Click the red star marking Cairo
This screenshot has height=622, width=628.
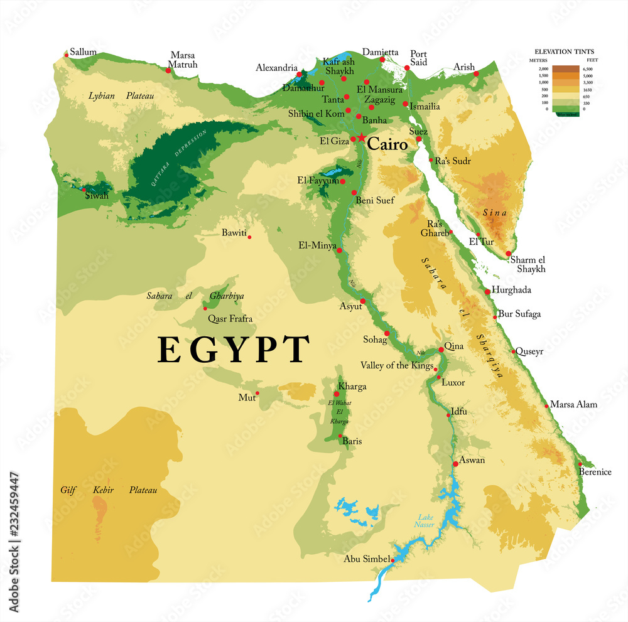[361, 137]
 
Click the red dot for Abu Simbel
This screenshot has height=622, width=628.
[393, 559]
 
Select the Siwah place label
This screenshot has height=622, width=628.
[97, 196]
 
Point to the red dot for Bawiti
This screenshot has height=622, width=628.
[249, 237]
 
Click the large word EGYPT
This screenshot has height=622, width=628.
[234, 350]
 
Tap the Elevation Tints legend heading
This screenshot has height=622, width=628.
[564, 51]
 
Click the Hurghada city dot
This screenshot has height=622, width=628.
[487, 291]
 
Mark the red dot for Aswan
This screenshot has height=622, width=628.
[455, 464]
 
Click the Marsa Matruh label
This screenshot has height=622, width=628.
[183, 60]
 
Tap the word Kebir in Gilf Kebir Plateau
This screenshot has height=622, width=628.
[103, 490]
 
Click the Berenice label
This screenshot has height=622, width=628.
[595, 472]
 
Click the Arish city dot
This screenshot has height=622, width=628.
[476, 74]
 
